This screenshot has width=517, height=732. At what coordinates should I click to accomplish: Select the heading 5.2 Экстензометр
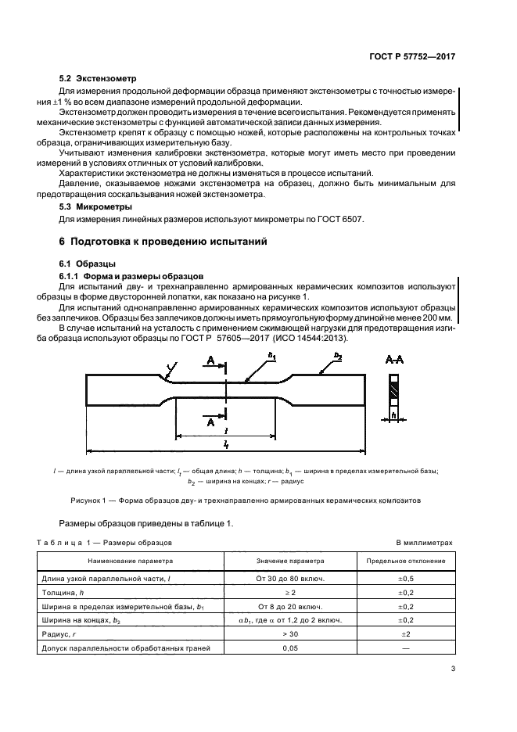(99, 79)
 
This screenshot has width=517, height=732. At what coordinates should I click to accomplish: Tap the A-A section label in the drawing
(394, 358)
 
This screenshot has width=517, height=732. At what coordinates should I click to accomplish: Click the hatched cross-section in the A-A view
(395, 389)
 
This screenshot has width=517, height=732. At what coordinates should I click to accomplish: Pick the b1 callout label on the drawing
(271, 357)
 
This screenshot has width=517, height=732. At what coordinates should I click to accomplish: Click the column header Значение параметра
(290, 561)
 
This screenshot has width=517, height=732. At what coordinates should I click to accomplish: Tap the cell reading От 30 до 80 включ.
(290, 579)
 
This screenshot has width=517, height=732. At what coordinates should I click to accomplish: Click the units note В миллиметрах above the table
(424, 541)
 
